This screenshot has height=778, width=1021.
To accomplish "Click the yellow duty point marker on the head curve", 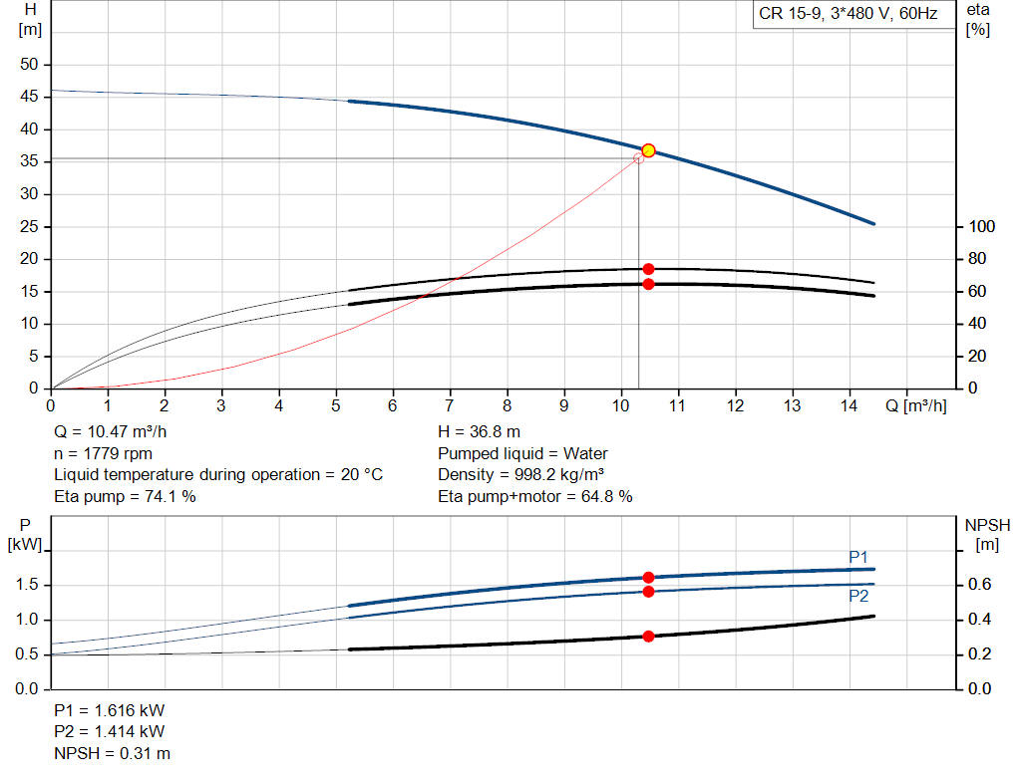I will pyautogui.click(x=648, y=150).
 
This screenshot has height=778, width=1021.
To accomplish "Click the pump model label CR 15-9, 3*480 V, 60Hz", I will pyautogui.click(x=849, y=15).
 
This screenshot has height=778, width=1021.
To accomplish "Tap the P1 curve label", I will pyautogui.click(x=858, y=556).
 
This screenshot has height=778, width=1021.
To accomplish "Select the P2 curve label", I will pyautogui.click(x=858, y=596).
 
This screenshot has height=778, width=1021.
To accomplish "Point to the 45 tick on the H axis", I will pyautogui.click(x=30, y=97).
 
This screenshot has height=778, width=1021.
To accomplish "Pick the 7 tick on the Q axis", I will pyautogui.click(x=450, y=405).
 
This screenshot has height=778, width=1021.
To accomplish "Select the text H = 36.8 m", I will pyautogui.click(x=479, y=433).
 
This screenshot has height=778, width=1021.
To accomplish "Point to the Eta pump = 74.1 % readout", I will pyautogui.click(x=125, y=496).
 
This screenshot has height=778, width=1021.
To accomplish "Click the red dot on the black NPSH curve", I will pyautogui.click(x=648, y=636).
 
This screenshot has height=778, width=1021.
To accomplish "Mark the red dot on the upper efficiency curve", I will pyautogui.click(x=648, y=269).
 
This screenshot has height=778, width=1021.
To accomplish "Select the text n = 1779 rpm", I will pyautogui.click(x=103, y=454).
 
